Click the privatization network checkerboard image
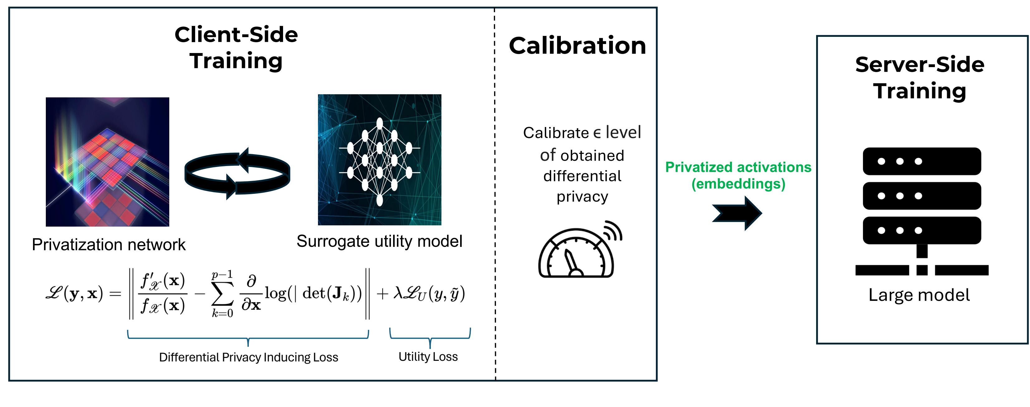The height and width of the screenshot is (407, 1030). click(107, 162)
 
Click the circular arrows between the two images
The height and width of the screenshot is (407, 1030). click(237, 173)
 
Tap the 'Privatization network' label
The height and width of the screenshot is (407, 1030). click(108, 244)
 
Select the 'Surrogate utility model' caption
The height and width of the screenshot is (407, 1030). click(379, 241)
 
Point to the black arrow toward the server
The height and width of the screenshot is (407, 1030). click(737, 213)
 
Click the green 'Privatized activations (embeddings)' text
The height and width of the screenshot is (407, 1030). click(738, 175)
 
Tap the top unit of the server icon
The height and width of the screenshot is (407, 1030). click(921, 161)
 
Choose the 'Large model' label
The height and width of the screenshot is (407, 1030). click(919, 295)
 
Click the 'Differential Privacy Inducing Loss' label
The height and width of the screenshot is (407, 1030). click(248, 357)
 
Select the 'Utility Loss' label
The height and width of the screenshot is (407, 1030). click(428, 356)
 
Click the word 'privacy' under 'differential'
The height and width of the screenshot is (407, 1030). click(582, 197)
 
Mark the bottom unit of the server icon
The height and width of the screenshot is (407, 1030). click(921, 231)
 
